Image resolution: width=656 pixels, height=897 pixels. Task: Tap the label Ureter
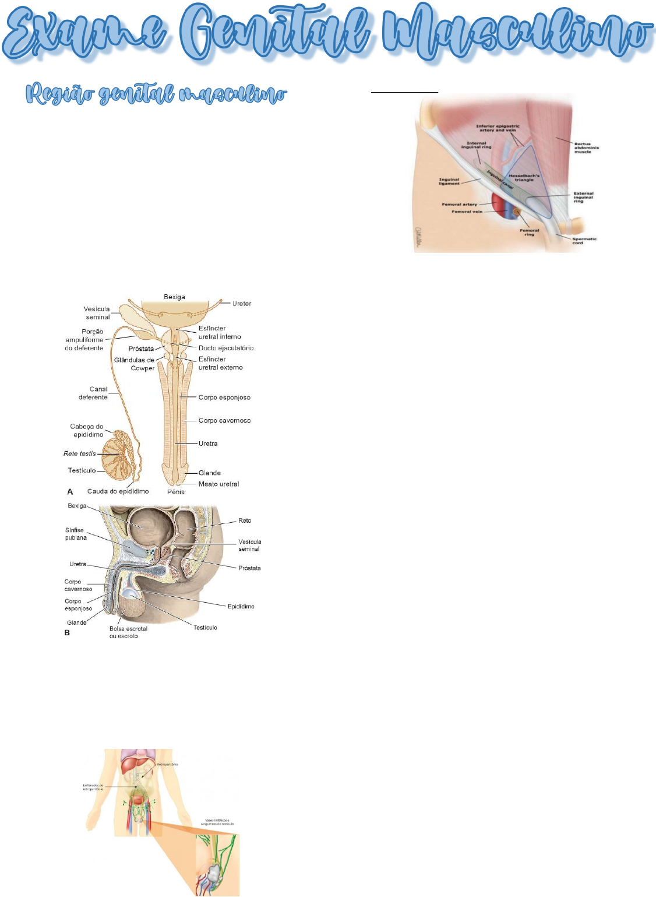(242, 304)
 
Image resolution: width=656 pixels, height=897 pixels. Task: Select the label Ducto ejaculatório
(226, 348)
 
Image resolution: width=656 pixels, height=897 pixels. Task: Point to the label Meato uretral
(218, 484)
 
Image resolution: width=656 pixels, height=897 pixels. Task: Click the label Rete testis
(80, 453)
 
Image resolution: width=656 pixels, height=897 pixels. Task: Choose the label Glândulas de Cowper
(135, 364)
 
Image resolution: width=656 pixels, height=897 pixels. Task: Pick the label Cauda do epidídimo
(118, 491)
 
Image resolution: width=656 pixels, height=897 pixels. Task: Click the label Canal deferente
(94, 393)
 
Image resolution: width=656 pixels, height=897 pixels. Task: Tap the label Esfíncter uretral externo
(220, 363)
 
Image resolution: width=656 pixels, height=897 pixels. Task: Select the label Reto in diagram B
(245, 520)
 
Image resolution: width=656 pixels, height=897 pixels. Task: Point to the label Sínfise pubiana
(76, 534)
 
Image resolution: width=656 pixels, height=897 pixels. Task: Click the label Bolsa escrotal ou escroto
(128, 632)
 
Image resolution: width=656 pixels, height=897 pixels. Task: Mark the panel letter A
(70, 492)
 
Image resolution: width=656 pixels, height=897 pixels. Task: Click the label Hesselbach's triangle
(524, 178)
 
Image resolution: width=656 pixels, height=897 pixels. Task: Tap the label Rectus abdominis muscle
(587, 147)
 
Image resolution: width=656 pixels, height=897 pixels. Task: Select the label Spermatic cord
(584, 241)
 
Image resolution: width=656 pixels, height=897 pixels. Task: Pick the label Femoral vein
(467, 212)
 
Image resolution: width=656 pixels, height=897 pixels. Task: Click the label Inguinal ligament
(449, 181)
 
